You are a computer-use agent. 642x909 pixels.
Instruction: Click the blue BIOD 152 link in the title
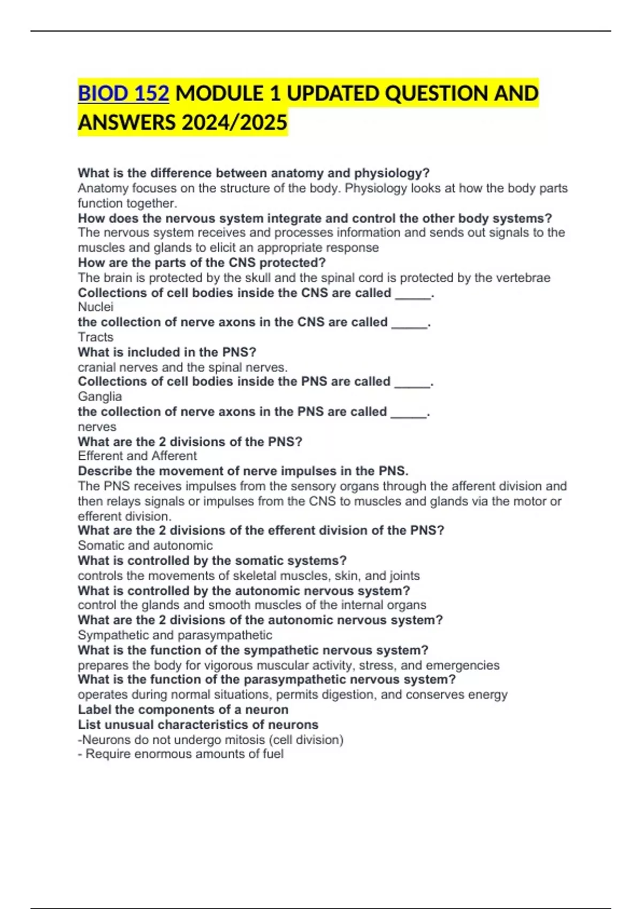[x=124, y=94]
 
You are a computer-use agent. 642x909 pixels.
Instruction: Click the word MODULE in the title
[x=219, y=94]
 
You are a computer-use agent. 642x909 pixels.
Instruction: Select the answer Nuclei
[x=96, y=307]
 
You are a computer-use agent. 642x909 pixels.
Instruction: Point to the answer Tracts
[x=96, y=337]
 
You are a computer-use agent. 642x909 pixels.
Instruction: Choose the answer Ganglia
[x=100, y=397]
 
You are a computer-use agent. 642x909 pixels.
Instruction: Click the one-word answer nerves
[x=97, y=427]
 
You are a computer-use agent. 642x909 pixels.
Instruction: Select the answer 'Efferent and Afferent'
[x=137, y=456]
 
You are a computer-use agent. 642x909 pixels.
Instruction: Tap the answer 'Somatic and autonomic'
[x=145, y=545]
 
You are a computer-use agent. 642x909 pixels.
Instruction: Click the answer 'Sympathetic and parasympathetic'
[x=175, y=635]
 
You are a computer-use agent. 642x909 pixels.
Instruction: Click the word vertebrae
[x=522, y=278]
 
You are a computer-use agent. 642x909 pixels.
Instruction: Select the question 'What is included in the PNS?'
[x=167, y=352]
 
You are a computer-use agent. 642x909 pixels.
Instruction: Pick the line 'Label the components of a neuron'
[x=183, y=710]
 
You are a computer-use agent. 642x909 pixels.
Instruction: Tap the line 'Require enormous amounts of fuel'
[x=184, y=754]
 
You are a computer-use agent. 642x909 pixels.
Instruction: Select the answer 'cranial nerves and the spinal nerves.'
[x=182, y=367]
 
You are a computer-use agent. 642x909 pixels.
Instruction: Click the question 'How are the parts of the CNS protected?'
[x=202, y=263]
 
